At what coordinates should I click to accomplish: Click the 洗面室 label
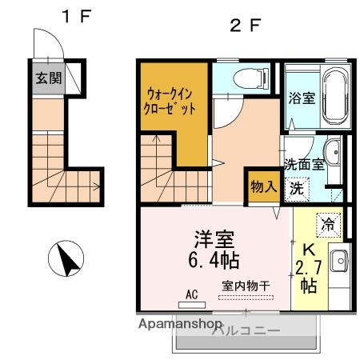[x=304, y=165]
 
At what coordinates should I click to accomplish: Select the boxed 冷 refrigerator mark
[x=328, y=224]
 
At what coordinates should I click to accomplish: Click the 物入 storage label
[x=263, y=186]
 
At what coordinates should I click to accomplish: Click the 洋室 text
[x=214, y=239]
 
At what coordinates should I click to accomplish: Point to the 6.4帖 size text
[x=214, y=260]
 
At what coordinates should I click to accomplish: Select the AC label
[x=192, y=294]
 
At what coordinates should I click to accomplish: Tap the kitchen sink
[x=339, y=261]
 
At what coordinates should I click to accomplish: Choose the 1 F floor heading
[x=77, y=16]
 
